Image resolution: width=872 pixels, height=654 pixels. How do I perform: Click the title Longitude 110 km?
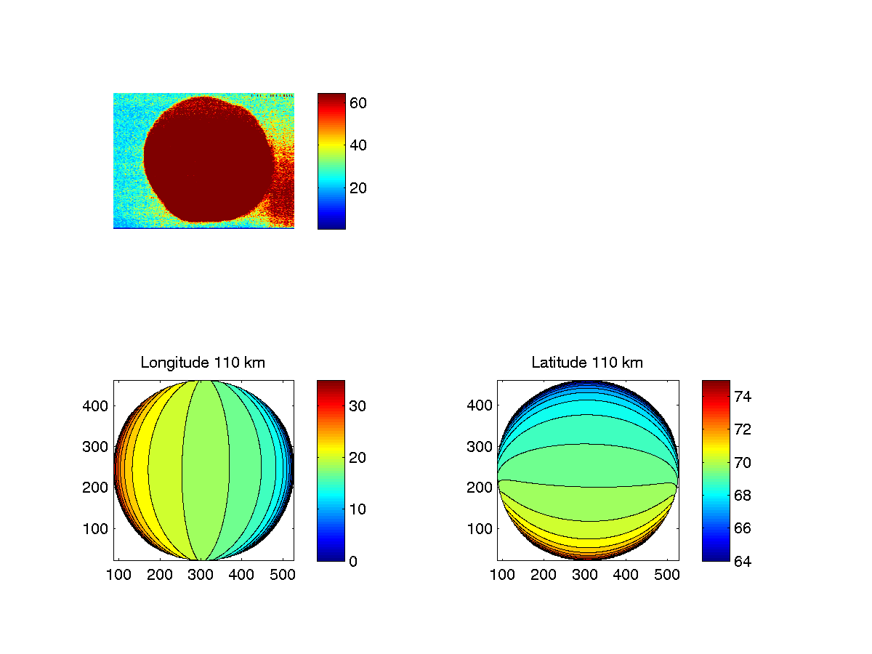(x=203, y=363)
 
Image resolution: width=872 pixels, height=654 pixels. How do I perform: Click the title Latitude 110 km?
(x=587, y=363)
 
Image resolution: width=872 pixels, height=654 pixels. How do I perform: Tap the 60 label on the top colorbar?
(x=358, y=103)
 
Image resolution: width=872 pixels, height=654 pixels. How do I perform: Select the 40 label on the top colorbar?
(x=358, y=145)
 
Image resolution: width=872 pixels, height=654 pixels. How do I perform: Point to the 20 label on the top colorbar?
(x=358, y=188)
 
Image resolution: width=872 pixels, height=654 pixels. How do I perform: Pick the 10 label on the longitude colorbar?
(x=358, y=509)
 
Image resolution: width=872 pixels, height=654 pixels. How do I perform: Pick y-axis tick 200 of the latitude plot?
(x=480, y=488)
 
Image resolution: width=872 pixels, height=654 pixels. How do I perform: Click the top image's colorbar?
(x=331, y=161)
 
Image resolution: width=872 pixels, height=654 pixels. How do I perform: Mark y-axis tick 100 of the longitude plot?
(x=96, y=528)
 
